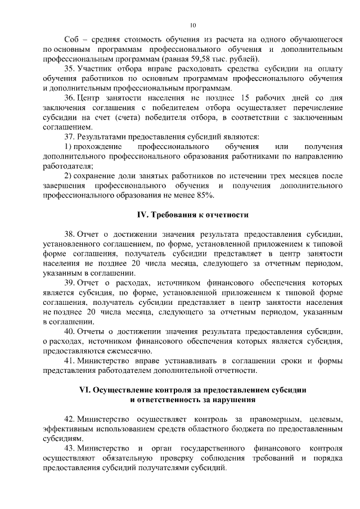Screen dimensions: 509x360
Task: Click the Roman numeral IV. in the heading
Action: coord(145,215)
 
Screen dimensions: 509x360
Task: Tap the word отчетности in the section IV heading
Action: coord(228,215)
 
